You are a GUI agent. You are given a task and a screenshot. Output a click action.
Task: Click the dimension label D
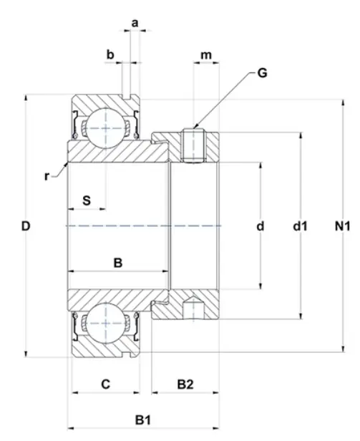(26, 226)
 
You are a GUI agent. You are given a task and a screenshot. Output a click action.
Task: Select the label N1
(342, 226)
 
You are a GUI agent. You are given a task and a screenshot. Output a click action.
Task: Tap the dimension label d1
(300, 226)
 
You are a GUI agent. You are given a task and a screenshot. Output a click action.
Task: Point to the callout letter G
(262, 73)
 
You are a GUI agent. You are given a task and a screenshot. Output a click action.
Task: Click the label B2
(185, 384)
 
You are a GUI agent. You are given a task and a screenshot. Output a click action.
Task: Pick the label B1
(143, 420)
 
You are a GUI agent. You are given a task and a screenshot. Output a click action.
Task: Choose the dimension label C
(105, 384)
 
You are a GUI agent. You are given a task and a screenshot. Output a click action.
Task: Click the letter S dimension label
(87, 200)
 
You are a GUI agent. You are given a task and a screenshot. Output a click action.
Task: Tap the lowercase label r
(47, 176)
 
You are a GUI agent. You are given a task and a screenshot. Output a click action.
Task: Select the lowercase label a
(135, 23)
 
